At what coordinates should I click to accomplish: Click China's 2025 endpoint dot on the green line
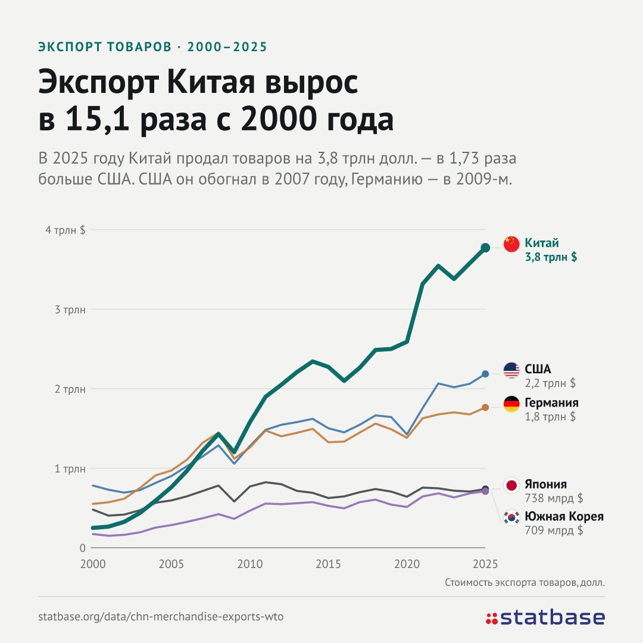[485, 247]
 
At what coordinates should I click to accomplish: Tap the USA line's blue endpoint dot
[485, 374]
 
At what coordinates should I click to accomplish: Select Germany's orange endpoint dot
[485, 407]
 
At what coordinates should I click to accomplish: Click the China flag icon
[511, 244]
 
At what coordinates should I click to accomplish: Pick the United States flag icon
[511, 370]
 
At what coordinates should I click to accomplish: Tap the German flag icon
[511, 404]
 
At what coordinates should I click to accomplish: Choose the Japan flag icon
[511, 485]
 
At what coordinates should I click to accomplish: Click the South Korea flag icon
[511, 517]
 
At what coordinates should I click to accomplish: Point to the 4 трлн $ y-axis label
[65, 230]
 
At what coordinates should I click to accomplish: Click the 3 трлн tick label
[70, 310]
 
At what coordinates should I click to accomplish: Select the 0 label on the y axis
[82, 548]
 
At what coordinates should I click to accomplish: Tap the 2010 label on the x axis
[249, 564]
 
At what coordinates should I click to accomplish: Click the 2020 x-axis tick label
[407, 564]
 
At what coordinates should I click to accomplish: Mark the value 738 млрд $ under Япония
[554, 498]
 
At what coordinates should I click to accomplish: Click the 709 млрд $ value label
[554, 530]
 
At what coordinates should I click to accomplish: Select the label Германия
[551, 402]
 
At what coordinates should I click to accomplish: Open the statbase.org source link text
[161, 617]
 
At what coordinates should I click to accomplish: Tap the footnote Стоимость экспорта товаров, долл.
[525, 583]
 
